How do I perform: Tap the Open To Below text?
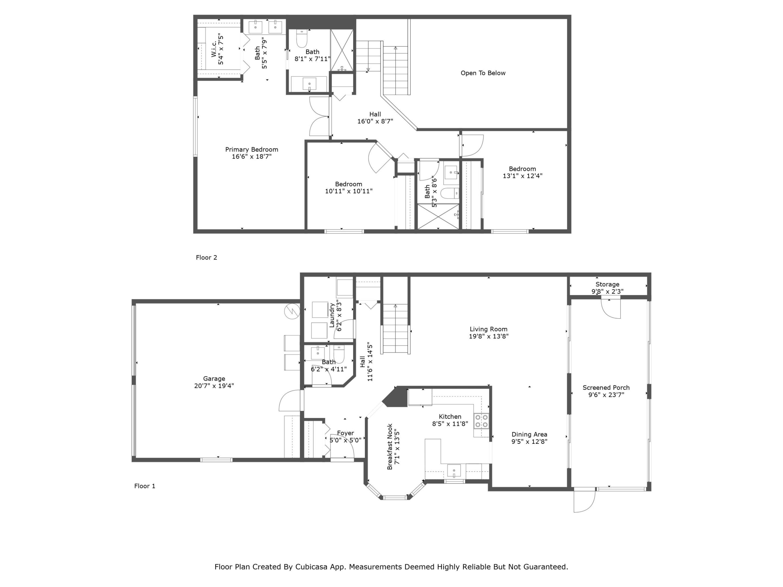pos(483,73)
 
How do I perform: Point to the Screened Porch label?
pos(606,388)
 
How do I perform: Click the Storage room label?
pos(607,284)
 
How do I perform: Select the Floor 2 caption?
pos(206,258)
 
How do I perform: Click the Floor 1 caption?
pos(144,486)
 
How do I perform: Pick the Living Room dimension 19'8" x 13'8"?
pos(489,336)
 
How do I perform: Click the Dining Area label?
pos(529,434)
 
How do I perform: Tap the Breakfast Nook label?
pos(390,447)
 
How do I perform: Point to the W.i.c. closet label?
pos(214,49)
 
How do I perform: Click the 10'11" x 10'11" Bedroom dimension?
pos(348,191)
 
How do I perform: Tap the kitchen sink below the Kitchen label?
pos(454,471)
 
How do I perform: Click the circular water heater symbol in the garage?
pos(292,311)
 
